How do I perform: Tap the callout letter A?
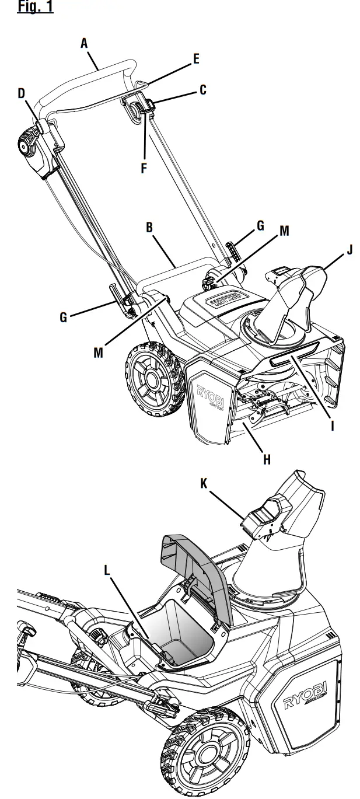(x=84, y=43)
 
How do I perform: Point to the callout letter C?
(x=202, y=90)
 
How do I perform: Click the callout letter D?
(x=22, y=93)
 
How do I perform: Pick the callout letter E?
(x=196, y=58)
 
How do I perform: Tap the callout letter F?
(x=144, y=169)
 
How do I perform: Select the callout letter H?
(x=267, y=460)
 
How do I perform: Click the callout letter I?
(x=332, y=425)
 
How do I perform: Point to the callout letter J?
(x=349, y=250)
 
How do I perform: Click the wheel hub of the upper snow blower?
(x=151, y=381)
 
